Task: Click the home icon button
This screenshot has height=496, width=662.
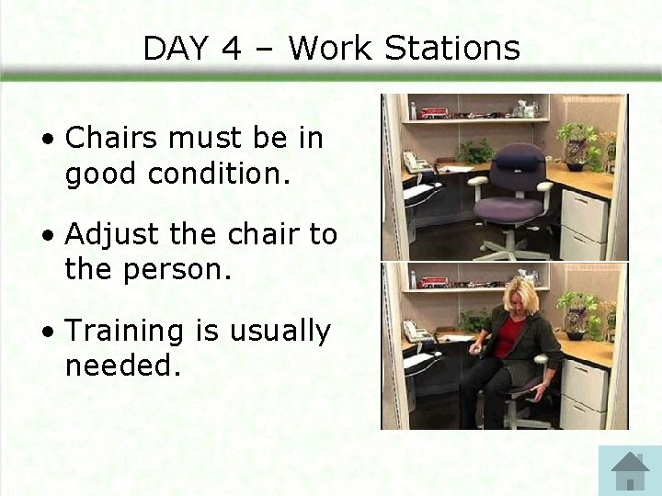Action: pos(630,470)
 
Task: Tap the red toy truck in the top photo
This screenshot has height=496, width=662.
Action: pos(433,113)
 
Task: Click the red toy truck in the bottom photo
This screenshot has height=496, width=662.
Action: pos(433,282)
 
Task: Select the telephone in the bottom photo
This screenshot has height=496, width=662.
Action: pos(417,332)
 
